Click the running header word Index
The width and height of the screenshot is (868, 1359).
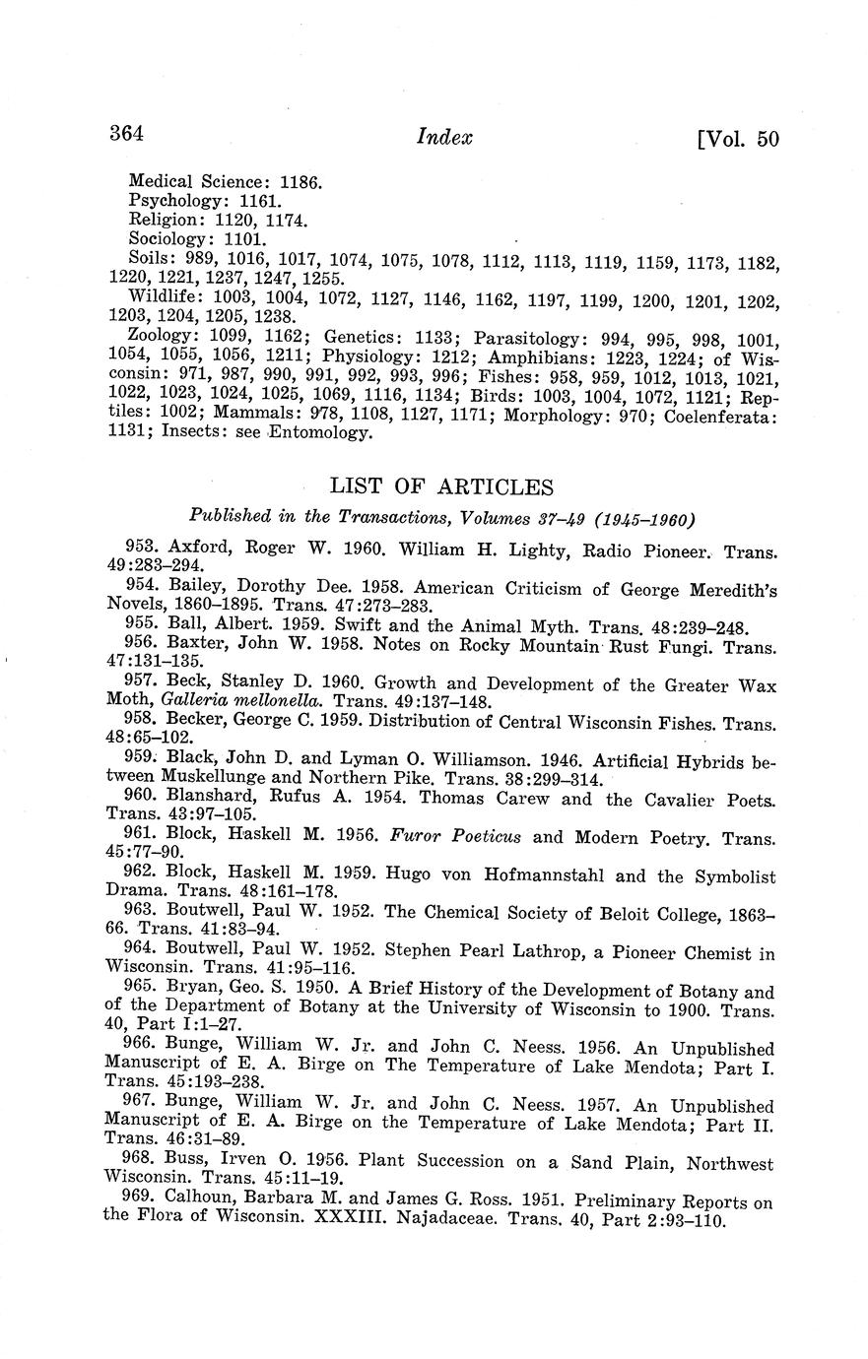[445, 137]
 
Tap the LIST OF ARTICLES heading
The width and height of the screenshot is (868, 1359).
[441, 486]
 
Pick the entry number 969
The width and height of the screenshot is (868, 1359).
[143, 1202]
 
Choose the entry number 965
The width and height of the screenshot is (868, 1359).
[143, 992]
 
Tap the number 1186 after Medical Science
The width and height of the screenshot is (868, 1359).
[301, 181]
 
